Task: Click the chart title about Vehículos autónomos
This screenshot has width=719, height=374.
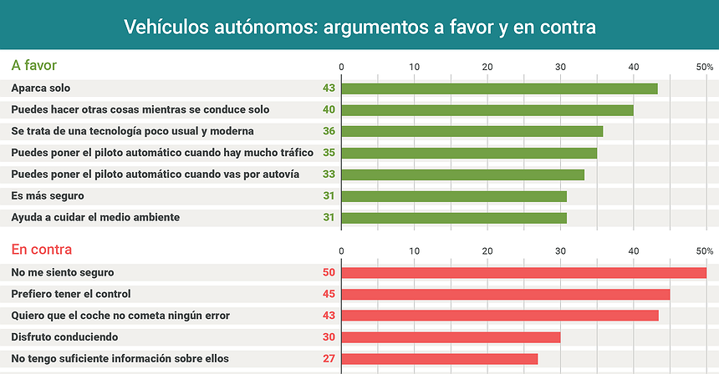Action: pyautogui.click(x=359, y=27)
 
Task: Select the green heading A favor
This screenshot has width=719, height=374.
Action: pyautogui.click(x=34, y=65)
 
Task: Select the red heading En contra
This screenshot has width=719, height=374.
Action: pyautogui.click(x=41, y=249)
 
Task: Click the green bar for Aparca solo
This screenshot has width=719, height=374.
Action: pyautogui.click(x=499, y=88)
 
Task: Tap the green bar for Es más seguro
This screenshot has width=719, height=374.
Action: pyautogui.click(x=454, y=196)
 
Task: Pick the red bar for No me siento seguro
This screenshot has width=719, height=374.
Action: pyautogui.click(x=524, y=272)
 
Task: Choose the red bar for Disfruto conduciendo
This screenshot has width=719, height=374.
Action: pyautogui.click(x=451, y=337)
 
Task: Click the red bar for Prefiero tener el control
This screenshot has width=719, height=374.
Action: pyautogui.click(x=506, y=294)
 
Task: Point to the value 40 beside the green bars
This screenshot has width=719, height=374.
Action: pyautogui.click(x=329, y=109)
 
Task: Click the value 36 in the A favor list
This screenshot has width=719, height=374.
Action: pyautogui.click(x=329, y=131)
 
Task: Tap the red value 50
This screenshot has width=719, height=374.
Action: pyautogui.click(x=329, y=272)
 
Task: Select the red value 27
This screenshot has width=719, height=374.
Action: pyautogui.click(x=329, y=359)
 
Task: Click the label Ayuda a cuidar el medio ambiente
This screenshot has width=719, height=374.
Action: pyautogui.click(x=95, y=217)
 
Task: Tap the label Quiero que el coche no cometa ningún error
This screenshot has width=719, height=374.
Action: pyautogui.click(x=120, y=316)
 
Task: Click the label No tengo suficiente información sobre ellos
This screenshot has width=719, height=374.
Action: pyautogui.click(x=120, y=359)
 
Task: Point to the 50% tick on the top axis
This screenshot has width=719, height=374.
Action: pyautogui.click(x=704, y=67)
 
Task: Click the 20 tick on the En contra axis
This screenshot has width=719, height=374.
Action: pyautogui.click(x=487, y=250)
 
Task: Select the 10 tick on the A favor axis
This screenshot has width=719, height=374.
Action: pyautogui.click(x=415, y=67)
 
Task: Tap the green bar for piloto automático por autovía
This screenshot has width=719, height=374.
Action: pyautogui.click(x=462, y=174)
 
